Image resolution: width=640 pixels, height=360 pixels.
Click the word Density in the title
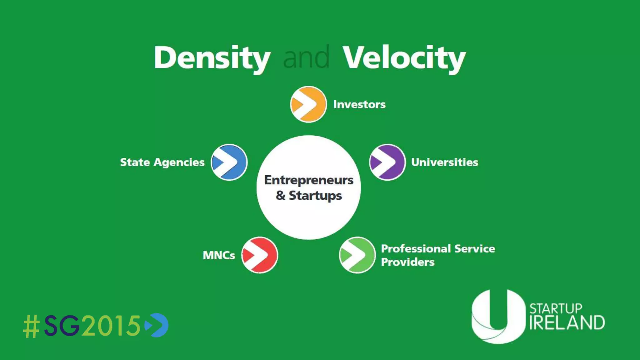pos(212,58)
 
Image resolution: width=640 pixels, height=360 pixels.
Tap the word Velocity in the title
pos(404,58)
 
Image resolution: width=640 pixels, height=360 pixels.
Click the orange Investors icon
pos(308,104)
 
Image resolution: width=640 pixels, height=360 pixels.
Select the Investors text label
pos(359,104)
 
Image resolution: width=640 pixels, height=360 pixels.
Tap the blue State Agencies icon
pos(229,162)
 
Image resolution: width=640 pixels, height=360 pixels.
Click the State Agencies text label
pos(162,162)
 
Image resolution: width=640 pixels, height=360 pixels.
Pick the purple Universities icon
pos(387,162)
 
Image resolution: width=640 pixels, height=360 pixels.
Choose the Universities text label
pos(445,162)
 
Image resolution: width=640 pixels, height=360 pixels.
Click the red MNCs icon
pos(260,255)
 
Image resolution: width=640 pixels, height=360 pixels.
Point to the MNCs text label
pos(219,255)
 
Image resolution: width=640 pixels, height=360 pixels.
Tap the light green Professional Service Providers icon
pos(357,255)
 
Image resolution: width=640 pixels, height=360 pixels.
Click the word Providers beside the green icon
pos(408,262)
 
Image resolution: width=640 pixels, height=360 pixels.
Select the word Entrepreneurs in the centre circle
pos(309,180)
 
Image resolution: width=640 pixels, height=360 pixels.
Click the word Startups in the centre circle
pos(315,196)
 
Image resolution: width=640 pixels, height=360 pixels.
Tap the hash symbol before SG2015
pos(32,326)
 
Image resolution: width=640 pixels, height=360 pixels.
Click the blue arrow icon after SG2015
pos(157,325)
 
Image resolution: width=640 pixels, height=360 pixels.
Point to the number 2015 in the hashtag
pos(111,326)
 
